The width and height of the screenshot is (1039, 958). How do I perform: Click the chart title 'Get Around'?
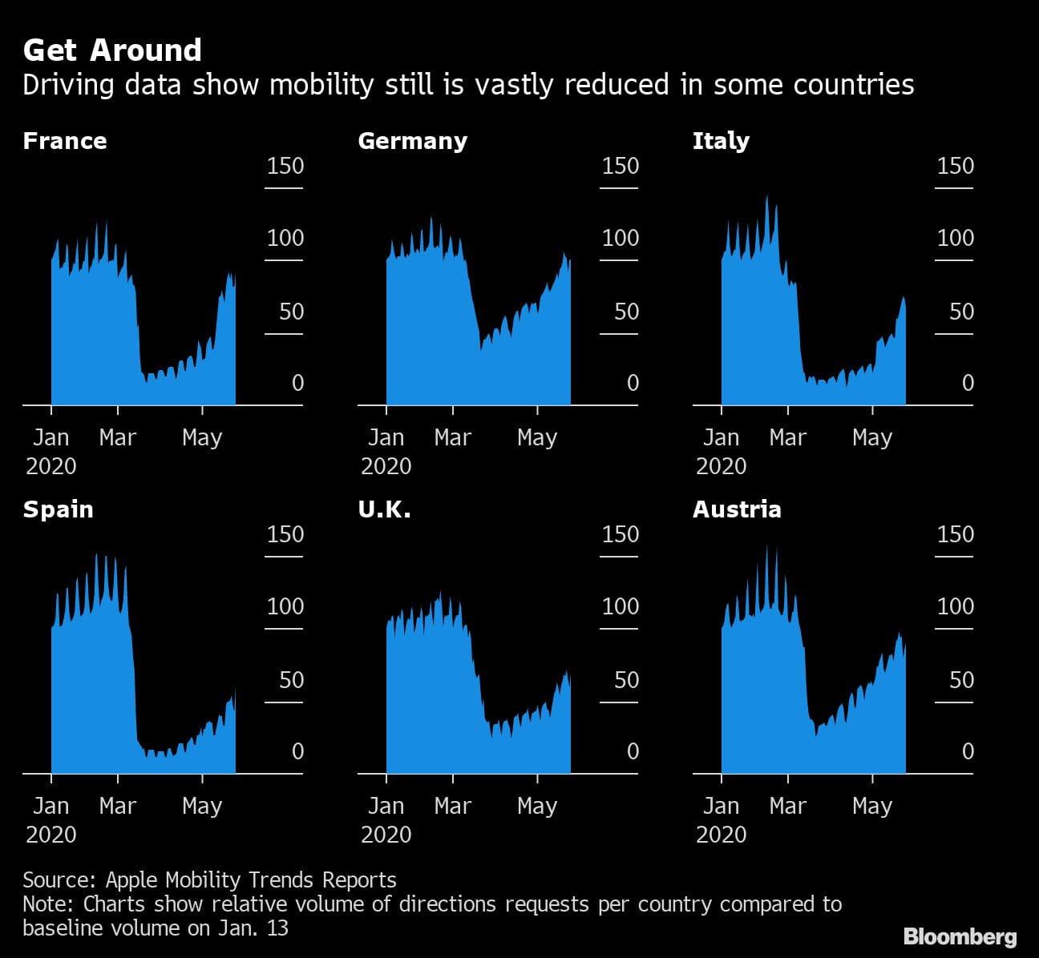112,50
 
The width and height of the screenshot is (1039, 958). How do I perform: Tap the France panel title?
65,141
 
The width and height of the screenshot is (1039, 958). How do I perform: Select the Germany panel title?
412,141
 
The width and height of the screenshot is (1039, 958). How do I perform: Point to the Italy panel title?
721,141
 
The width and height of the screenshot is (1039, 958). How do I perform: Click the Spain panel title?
58,509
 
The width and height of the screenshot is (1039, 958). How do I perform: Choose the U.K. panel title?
384,509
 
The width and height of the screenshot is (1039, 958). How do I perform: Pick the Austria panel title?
737,509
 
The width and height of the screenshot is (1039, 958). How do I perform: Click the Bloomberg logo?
960,936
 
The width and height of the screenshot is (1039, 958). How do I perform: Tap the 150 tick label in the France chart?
285,166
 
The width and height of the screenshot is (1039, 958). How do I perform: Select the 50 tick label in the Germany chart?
626,311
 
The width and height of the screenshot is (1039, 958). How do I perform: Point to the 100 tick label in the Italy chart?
956,238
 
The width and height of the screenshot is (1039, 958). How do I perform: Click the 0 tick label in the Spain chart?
297,751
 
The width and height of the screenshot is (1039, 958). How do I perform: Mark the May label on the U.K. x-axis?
536,806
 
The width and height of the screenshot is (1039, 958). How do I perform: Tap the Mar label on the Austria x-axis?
787,806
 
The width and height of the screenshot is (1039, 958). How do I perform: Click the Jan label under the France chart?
51,437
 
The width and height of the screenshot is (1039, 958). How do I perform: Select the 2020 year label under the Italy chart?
721,466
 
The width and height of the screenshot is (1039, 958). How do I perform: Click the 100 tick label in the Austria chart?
956,606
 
